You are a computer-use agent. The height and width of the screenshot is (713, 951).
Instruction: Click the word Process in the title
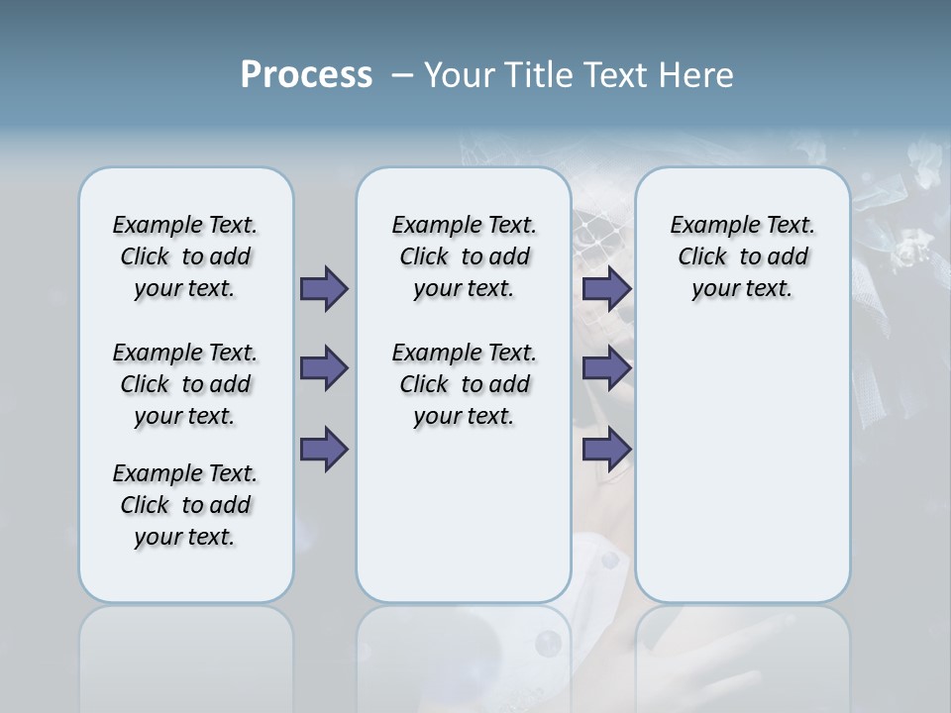pyautogui.click(x=306, y=75)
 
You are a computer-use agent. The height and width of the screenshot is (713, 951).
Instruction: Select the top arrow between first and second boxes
pyautogui.click(x=324, y=288)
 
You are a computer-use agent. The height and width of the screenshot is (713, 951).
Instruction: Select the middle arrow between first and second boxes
pyautogui.click(x=324, y=368)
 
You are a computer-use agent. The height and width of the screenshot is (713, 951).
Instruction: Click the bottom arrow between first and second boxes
pyautogui.click(x=324, y=449)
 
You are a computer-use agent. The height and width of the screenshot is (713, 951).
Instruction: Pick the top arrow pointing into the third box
pyautogui.click(x=606, y=288)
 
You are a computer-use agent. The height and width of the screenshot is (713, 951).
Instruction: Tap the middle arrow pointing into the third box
pyautogui.click(x=606, y=368)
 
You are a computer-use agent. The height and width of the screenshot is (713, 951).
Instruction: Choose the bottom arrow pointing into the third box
pyautogui.click(x=606, y=449)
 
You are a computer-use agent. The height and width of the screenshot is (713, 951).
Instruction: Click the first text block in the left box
pyautogui.click(x=185, y=256)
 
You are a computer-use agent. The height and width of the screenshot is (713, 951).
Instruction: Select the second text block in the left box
pyautogui.click(x=185, y=384)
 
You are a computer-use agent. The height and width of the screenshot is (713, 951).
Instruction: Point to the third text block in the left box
pyautogui.click(x=185, y=505)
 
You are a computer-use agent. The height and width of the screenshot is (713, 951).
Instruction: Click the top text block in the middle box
pyautogui.click(x=464, y=256)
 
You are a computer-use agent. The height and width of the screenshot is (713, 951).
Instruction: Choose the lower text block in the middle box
pyautogui.click(x=464, y=384)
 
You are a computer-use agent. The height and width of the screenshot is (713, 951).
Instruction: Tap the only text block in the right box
pyautogui.click(x=742, y=256)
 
